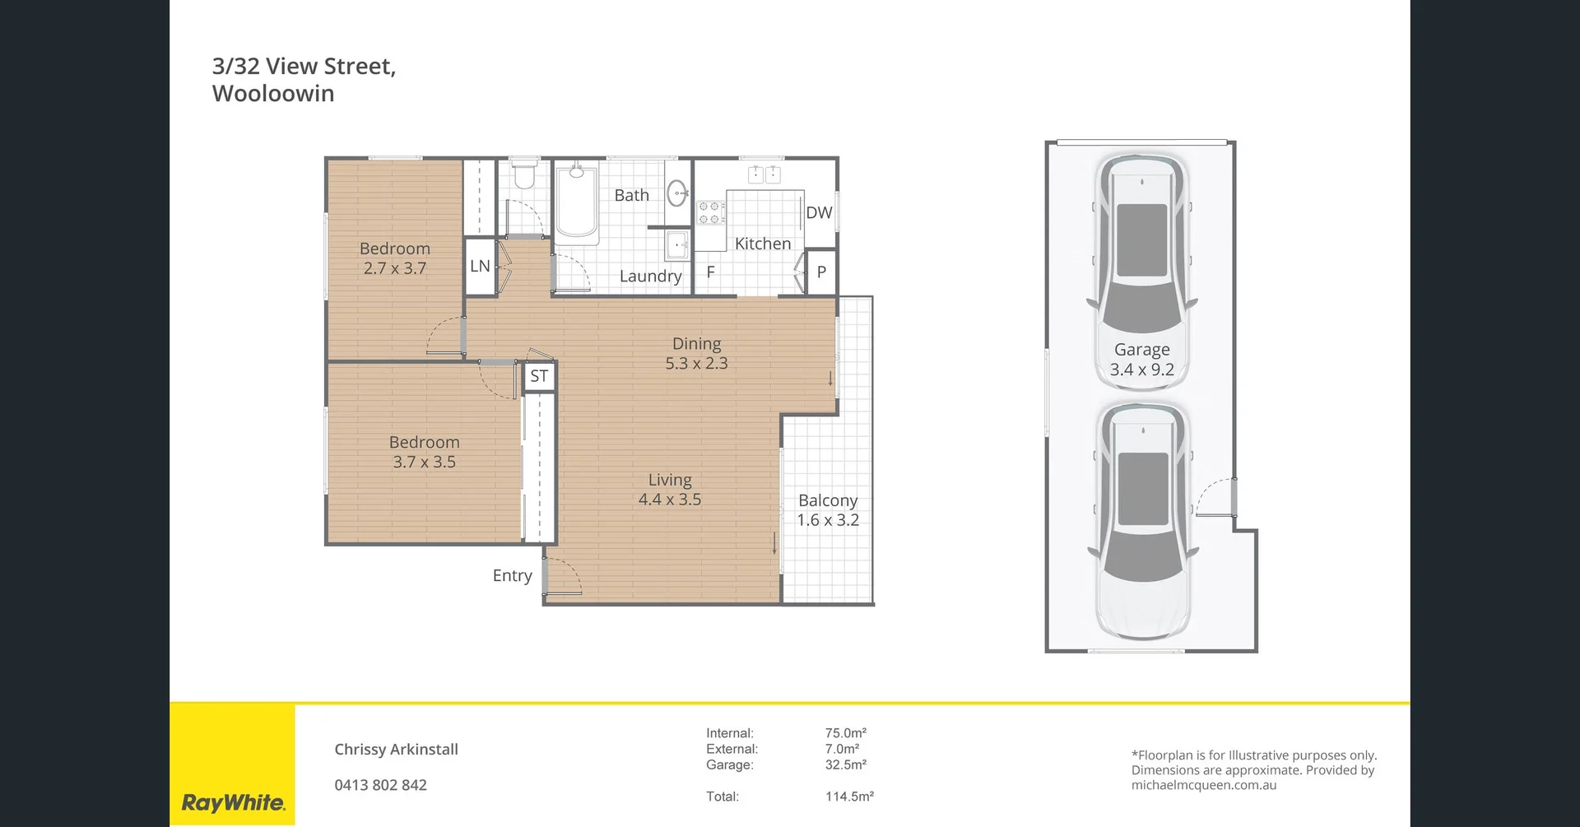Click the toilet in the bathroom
tap(524, 174)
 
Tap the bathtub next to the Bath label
tap(576, 202)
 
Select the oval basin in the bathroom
tap(676, 193)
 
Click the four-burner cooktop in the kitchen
tap(711, 213)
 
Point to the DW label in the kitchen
tap(819, 213)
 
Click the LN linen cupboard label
tap(480, 267)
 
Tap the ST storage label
tap(539, 377)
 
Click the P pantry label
tap(821, 272)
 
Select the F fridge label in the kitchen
tap(711, 272)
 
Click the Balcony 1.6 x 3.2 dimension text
tap(828, 520)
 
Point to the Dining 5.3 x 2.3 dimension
tap(696, 364)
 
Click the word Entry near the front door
tap(512, 576)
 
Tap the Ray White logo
tap(233, 802)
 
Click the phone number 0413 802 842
tap(380, 785)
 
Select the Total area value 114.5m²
tap(849, 797)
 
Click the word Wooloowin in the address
tap(273, 94)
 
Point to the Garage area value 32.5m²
tap(845, 764)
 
